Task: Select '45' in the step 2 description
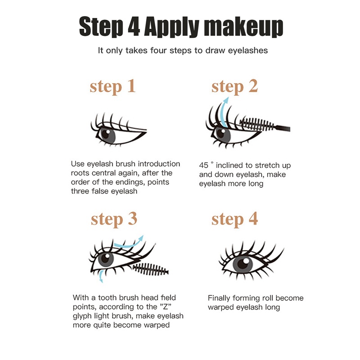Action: tap(203, 166)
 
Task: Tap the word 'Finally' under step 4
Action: tap(220, 298)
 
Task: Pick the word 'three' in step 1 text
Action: tap(81, 191)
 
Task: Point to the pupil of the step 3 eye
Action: tap(107, 259)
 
